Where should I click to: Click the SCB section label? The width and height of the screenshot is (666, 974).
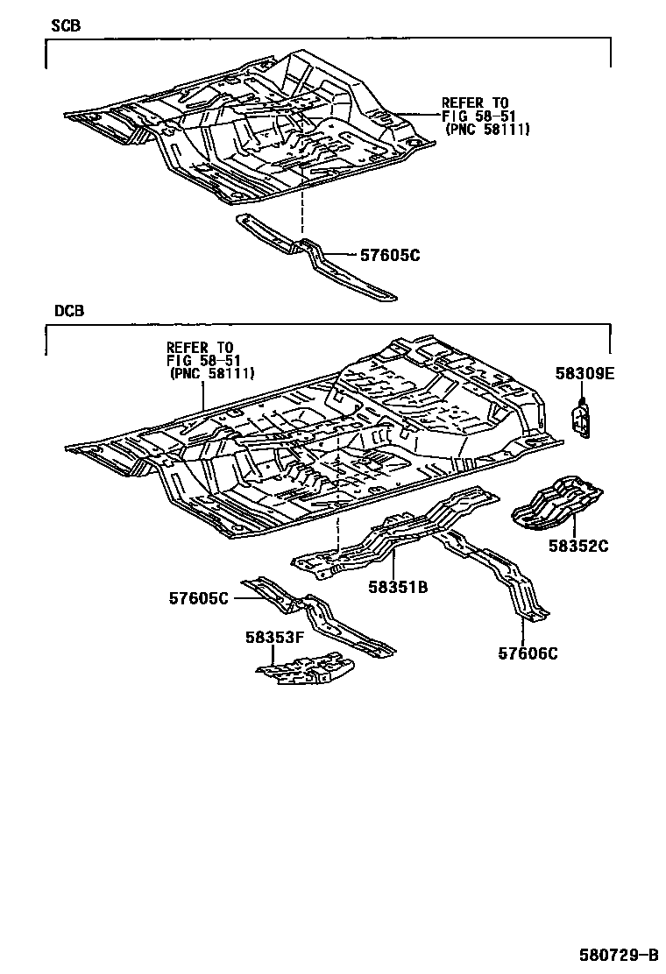pyautogui.click(x=67, y=26)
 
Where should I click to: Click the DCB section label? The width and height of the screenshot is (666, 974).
pyautogui.click(x=67, y=311)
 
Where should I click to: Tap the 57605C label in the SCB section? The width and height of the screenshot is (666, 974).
pyautogui.click(x=390, y=255)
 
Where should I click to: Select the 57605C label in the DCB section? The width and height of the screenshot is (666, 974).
pyautogui.click(x=199, y=598)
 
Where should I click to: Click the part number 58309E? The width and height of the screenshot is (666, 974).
pyautogui.click(x=585, y=373)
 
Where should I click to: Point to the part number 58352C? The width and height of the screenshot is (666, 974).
pyautogui.click(x=578, y=547)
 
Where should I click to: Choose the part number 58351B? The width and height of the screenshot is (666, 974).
pyautogui.click(x=397, y=587)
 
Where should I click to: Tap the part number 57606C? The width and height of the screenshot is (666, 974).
pyautogui.click(x=528, y=653)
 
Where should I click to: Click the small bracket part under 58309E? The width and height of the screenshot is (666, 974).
pyautogui.click(x=583, y=418)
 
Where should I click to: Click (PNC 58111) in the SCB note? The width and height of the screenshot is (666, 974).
pyautogui.click(x=486, y=130)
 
